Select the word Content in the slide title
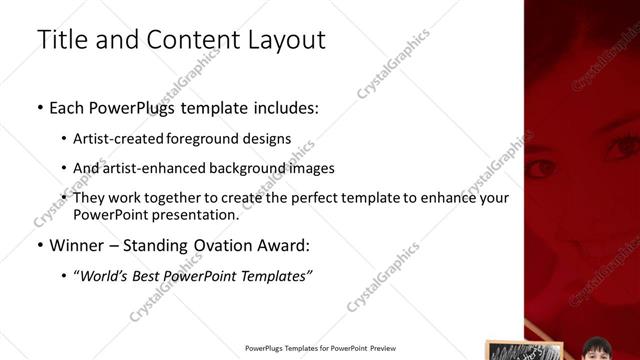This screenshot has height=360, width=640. (188, 40)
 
